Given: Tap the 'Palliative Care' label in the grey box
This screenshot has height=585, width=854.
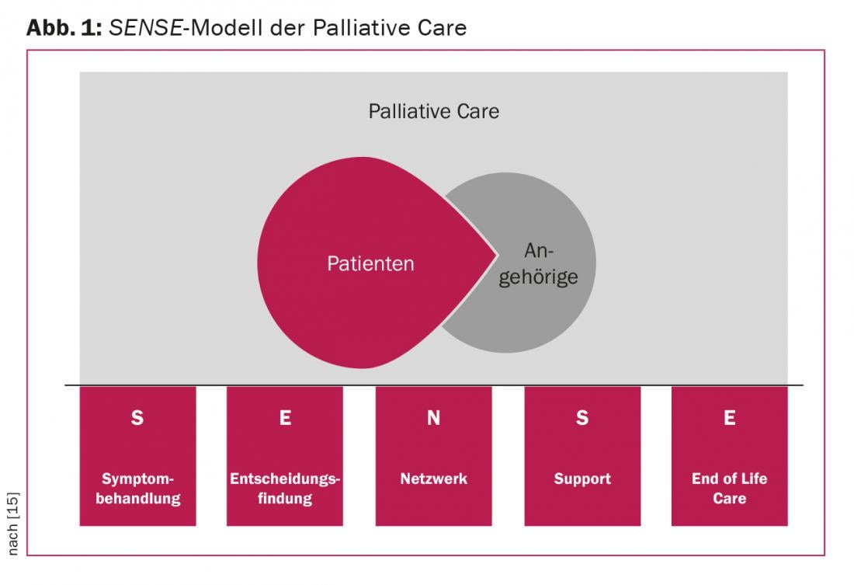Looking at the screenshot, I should click(433, 111).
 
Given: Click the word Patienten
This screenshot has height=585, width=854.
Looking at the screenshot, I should click(370, 263).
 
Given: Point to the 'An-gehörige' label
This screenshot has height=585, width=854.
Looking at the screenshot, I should click(539, 264).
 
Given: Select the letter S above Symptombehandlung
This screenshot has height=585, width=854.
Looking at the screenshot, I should click(137, 418).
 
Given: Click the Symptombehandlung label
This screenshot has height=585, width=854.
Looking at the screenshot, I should click(137, 488).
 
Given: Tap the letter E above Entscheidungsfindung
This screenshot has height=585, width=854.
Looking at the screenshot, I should click(285, 418).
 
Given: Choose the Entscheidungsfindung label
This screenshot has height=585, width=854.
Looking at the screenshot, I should click(285, 488).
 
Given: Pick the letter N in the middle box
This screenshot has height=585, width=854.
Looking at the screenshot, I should click(433, 418).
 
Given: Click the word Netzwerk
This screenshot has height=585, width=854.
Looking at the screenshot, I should click(433, 479).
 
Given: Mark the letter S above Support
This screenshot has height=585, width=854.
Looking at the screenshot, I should click(582, 418).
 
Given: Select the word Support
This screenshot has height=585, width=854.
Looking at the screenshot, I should click(582, 479).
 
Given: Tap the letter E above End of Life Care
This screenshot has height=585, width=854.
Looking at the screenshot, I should click(730, 418).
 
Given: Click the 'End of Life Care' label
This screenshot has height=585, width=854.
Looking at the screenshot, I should click(730, 488).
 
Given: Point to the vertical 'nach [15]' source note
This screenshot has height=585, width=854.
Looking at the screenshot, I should click(12, 524).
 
